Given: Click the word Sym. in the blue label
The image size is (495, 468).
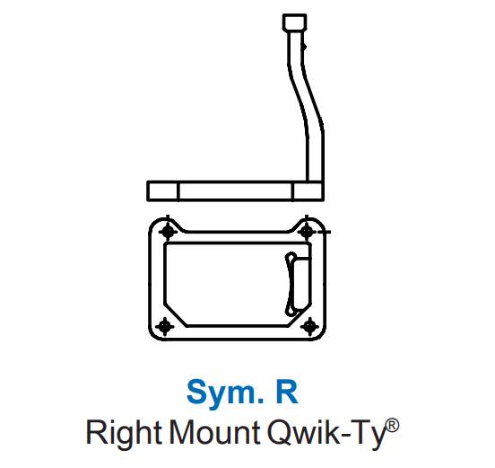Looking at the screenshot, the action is coord(225,393).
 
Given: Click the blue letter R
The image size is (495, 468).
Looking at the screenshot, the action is coord(287,392).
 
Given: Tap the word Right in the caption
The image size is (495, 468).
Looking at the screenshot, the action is coord(124,433).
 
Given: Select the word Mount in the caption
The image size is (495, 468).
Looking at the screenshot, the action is coord(214,432).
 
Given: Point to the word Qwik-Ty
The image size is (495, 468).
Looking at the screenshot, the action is coord(326,433).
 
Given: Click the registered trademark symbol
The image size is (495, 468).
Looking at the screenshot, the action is coord(393,426).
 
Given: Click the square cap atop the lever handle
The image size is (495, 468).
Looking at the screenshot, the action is coord(294,22).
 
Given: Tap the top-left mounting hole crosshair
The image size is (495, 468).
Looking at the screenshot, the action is coord(168,232).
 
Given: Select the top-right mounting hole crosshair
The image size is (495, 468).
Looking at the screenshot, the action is coord(307,232).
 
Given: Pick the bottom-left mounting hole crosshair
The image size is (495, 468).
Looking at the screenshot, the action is coord(165,326).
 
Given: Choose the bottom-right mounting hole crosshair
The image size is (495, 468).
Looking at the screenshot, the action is coord(309,326).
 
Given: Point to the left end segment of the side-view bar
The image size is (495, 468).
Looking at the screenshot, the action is coord(163,191).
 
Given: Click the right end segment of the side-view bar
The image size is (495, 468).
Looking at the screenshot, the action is coord(308,191).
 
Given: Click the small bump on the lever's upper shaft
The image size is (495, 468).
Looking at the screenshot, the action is coord(304,47).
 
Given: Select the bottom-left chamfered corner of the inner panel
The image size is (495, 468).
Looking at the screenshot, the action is coord(175,314).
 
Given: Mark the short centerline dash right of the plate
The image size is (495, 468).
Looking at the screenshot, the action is coord(325,232).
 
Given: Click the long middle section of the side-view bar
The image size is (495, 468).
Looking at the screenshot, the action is coord(236,191).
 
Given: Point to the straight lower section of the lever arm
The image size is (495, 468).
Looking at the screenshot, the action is coord(316,156).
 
